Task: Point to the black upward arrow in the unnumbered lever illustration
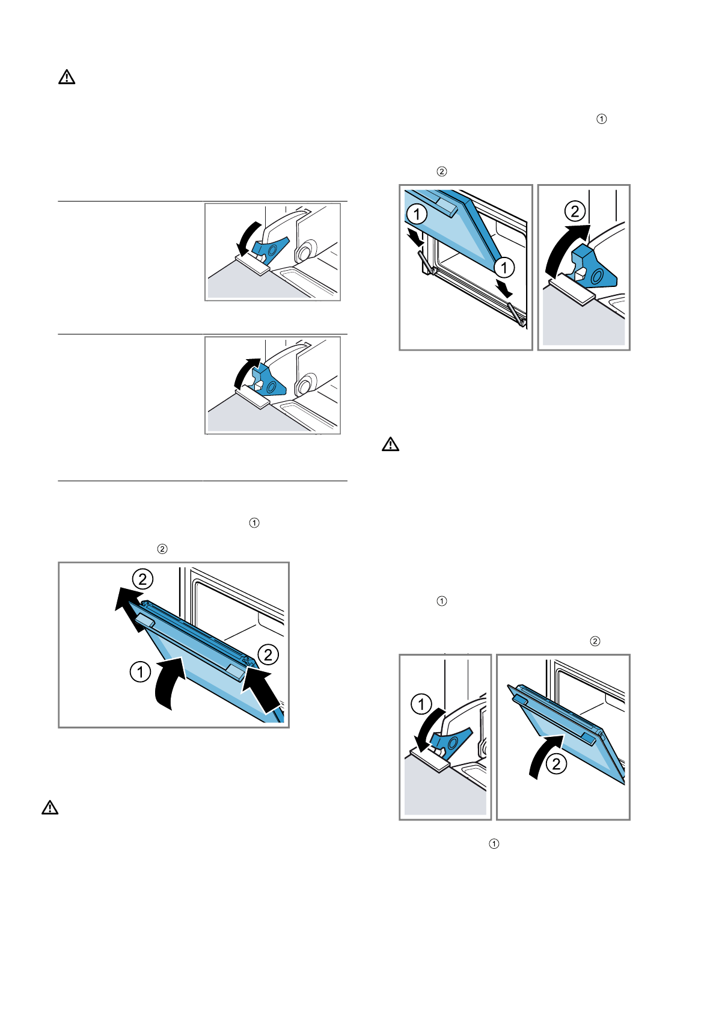246,372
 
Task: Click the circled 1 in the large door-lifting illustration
140,671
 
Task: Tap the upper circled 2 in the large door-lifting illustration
142,579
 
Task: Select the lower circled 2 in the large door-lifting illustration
268,654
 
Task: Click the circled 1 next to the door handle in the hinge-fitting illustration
417,214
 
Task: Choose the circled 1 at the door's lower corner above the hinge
504,268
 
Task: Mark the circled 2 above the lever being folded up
575,211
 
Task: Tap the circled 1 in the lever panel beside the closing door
421,704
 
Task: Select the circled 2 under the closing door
557,764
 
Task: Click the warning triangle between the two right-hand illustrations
390,445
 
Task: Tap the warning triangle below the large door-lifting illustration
50,807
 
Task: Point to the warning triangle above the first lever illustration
67,77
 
